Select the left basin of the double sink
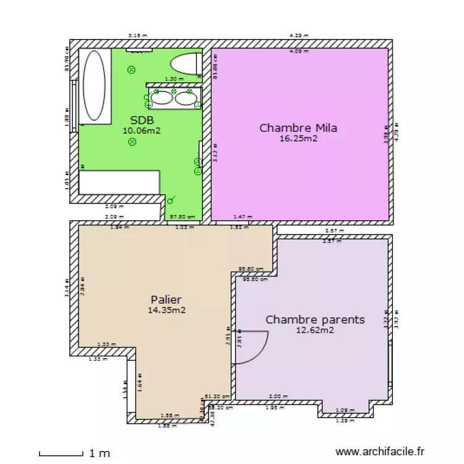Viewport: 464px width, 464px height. pos(162,97)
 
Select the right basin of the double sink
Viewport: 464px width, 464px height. pos(185,97)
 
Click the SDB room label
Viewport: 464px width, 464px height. pos(142,120)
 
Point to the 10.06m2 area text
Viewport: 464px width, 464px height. pos(142,130)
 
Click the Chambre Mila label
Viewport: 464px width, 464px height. pos(298,128)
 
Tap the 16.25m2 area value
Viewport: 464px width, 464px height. pos(298,139)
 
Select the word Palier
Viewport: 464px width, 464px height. pos(166,299)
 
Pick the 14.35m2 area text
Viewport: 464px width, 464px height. pos(166,310)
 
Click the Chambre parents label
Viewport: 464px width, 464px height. pos(315,320)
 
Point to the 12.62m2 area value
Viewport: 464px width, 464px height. pos(315,330)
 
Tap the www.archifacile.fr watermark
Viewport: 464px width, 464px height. pos(380,453)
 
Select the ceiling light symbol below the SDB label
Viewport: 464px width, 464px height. pos(132,142)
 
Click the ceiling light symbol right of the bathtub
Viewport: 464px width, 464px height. pos(131,69)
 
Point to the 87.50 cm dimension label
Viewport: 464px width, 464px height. pos(181,217)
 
